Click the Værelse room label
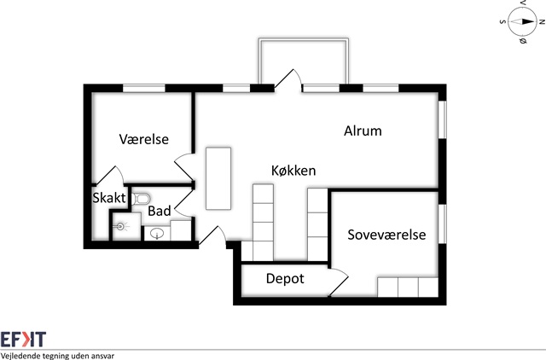tap(144, 139)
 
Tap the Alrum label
tap(363, 131)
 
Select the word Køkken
tap(294, 171)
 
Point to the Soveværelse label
tap(386, 235)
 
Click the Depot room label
tap(285, 279)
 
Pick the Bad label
tap(160, 211)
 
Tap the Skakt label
tap(109, 198)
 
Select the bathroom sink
tap(157, 231)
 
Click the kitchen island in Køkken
tap(218, 177)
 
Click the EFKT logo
tap(23, 339)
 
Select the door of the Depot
tap(338, 282)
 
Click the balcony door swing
tap(288, 79)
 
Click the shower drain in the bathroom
tap(123, 226)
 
